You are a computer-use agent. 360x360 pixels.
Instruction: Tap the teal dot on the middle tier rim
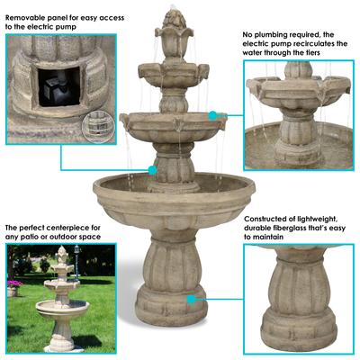(212, 115)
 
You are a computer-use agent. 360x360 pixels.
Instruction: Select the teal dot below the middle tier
(152, 169)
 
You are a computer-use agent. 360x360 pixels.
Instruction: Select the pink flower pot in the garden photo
(13, 288)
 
